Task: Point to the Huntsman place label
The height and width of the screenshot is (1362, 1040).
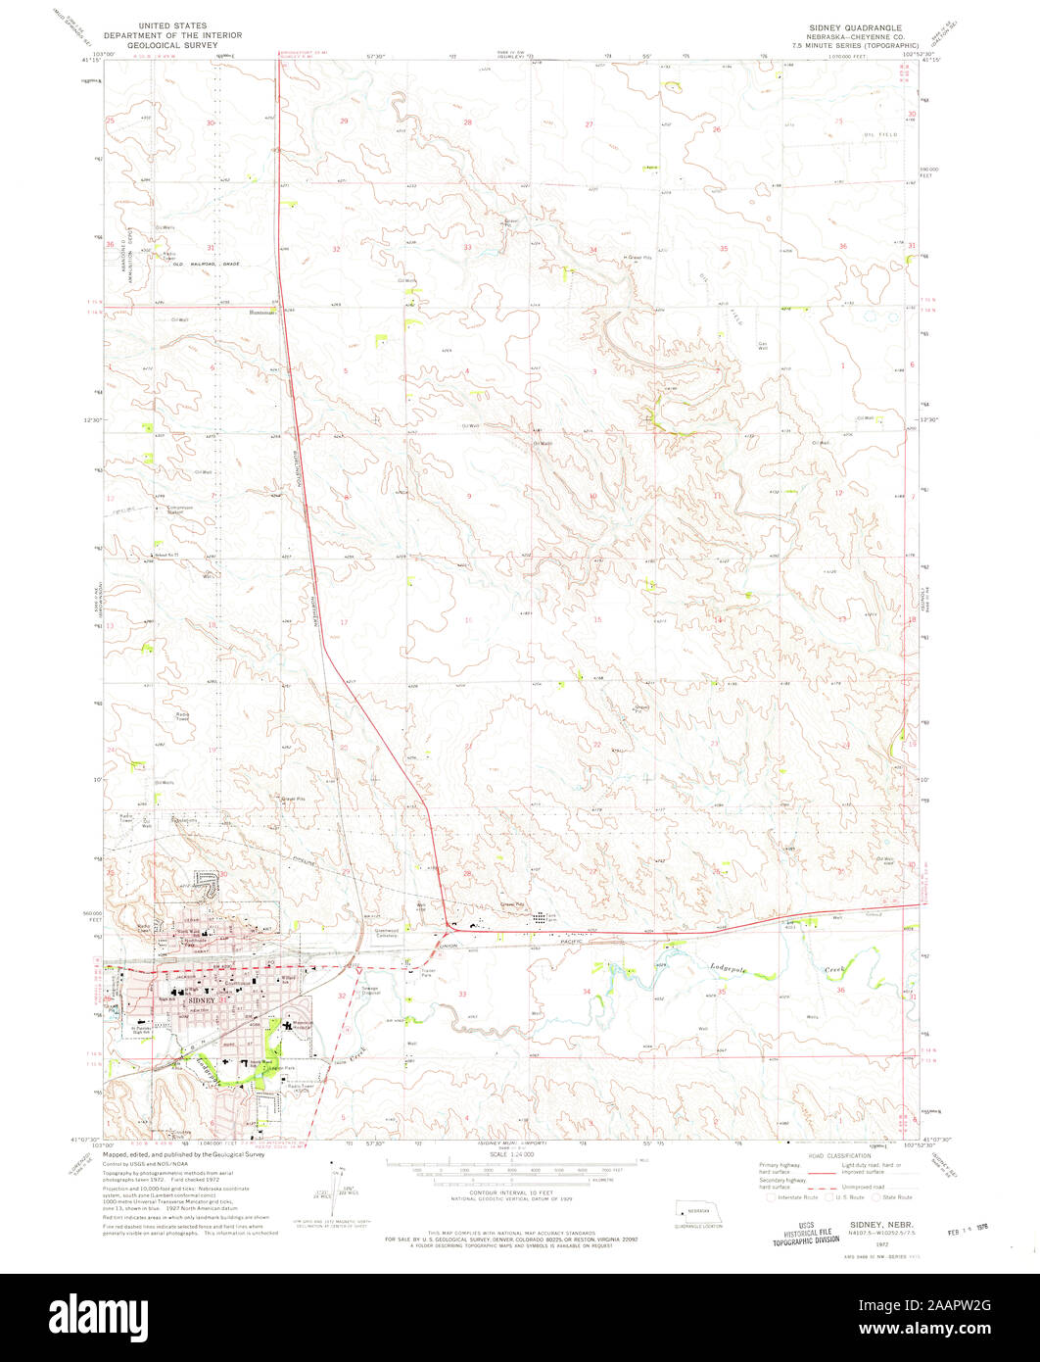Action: (261, 312)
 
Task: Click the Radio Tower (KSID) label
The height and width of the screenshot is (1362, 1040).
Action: (300, 1089)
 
